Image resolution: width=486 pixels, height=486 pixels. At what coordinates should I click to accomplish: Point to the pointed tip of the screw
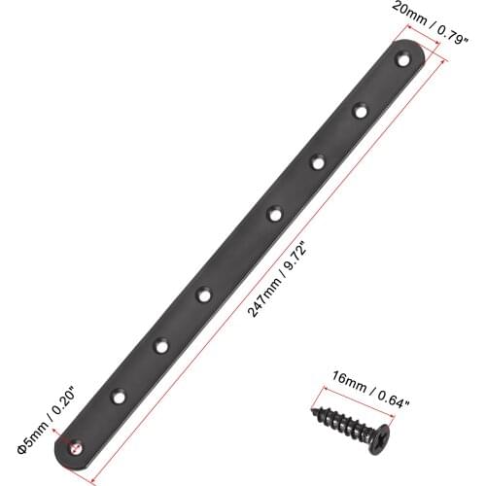coord(316,413)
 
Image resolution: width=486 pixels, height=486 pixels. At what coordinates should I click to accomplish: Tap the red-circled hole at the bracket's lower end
coord(77,449)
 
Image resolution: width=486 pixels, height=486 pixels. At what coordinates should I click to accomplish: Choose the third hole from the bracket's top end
coord(317,160)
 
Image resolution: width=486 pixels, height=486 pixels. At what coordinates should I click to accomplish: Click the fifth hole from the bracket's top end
coord(204,292)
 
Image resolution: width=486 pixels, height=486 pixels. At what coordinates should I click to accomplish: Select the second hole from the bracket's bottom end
coord(119,397)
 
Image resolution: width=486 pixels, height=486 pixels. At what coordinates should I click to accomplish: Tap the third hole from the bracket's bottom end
coord(161,343)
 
